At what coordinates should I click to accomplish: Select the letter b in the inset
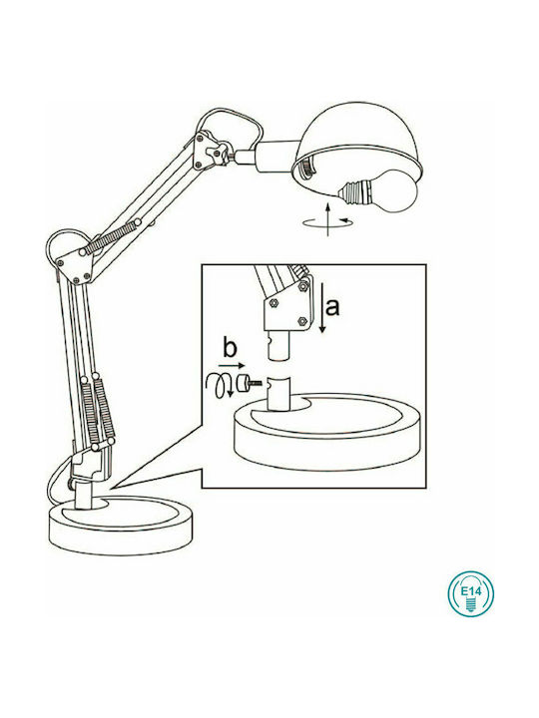coord(230,349)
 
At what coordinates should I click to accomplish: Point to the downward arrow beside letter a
coord(322,308)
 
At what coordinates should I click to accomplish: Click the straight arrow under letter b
coord(233,365)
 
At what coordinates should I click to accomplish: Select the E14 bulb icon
coord(471,593)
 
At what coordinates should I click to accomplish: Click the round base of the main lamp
coord(121,525)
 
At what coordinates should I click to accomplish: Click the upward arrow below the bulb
coord(327,218)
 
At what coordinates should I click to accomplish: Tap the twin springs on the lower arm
coord(97,410)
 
